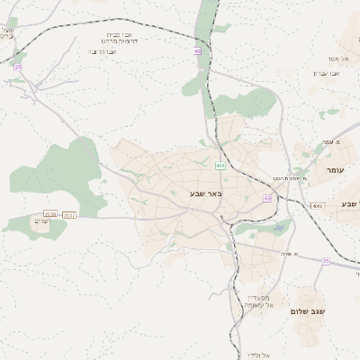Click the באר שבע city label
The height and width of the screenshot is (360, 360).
tap(206, 193)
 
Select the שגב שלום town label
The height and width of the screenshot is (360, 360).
tap(308, 311)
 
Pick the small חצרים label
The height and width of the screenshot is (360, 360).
tap(40, 220)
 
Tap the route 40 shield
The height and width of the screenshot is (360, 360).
tap(197, 51)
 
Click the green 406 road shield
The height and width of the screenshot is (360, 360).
tap(220, 166)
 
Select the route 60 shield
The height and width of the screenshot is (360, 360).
tap(267, 197)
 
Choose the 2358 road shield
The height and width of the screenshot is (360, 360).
tap(50, 214)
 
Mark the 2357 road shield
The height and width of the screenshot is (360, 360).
tap(70, 214)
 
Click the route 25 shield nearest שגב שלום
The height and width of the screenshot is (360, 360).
tap(326, 261)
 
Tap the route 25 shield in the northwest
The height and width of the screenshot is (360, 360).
tap(17, 67)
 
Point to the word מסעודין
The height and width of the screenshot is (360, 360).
tap(258, 296)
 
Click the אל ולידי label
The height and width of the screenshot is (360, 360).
tap(256, 355)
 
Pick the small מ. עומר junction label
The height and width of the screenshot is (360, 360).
tap(328, 141)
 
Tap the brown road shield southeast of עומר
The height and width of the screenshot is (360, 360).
tap(318, 206)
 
